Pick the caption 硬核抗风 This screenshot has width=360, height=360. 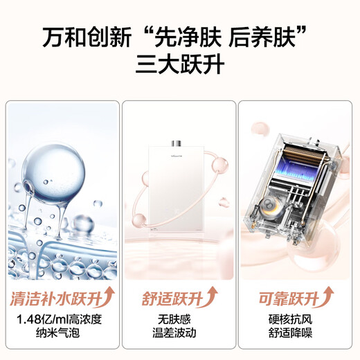tap(296, 323)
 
